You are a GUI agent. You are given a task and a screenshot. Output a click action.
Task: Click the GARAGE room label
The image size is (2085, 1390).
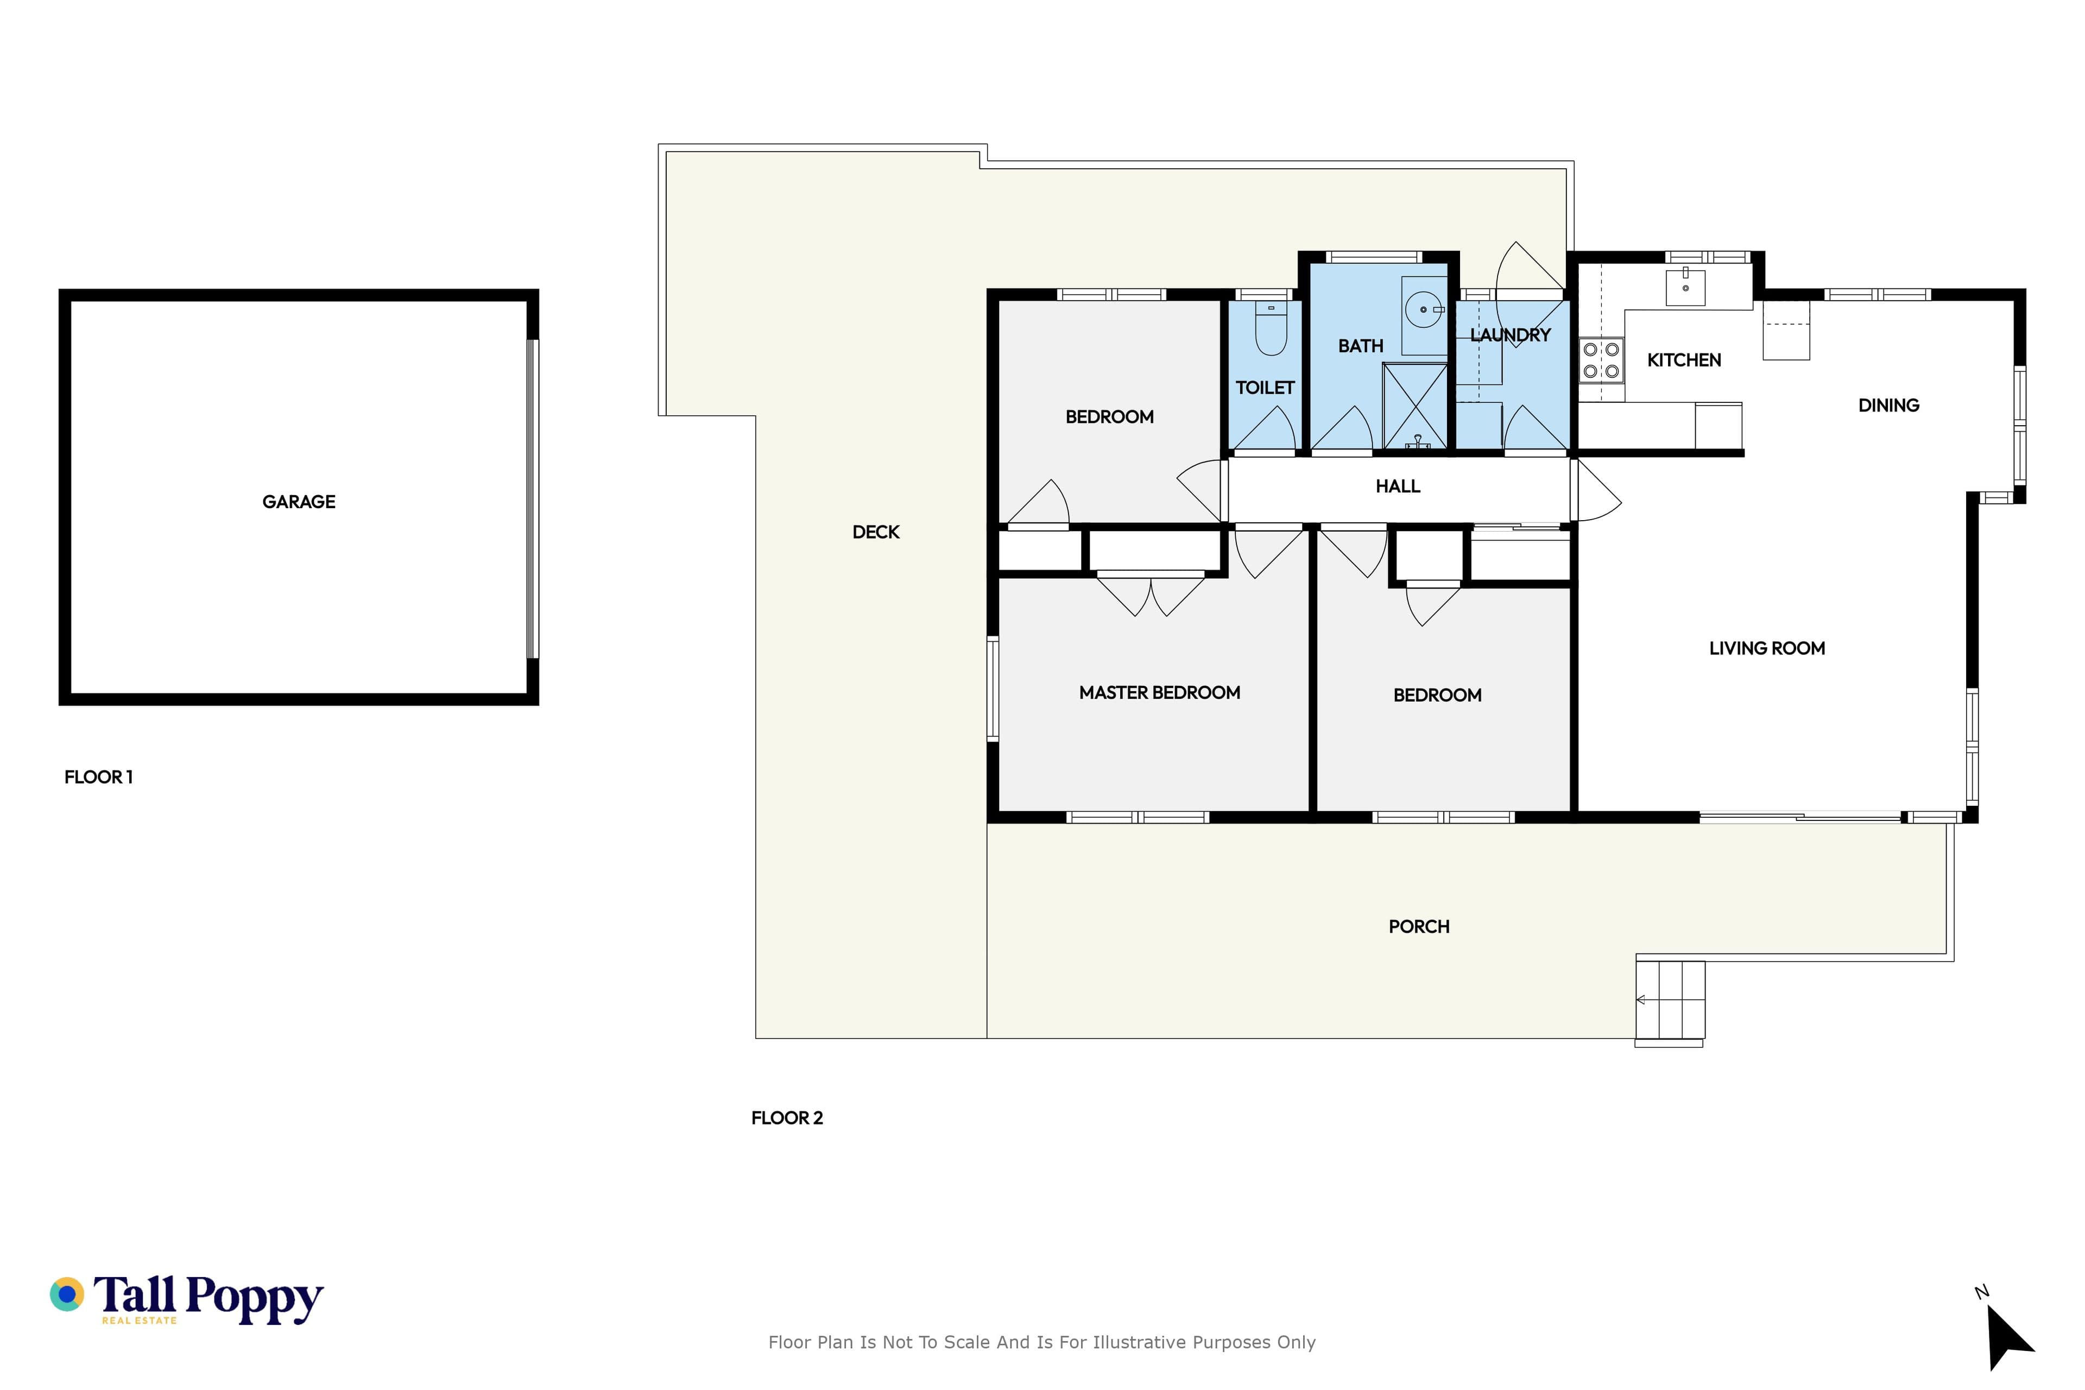pyautogui.click(x=299, y=502)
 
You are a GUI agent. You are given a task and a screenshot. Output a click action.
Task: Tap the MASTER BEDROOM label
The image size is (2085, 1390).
pyautogui.click(x=1160, y=692)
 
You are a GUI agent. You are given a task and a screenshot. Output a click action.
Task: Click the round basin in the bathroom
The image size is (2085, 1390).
pyautogui.click(x=1424, y=309)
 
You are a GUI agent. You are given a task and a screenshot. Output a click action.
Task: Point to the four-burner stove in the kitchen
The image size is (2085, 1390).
pyautogui.click(x=1601, y=360)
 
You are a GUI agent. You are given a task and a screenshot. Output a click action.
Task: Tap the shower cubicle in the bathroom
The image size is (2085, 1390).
pyautogui.click(x=1416, y=405)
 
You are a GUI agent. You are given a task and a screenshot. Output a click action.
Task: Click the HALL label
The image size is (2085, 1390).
pyautogui.click(x=1398, y=486)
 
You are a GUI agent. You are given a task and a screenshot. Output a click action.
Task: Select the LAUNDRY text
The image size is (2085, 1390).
pyautogui.click(x=1511, y=335)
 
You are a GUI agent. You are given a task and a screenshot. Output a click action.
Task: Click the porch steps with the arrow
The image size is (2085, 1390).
pyautogui.click(x=1670, y=1000)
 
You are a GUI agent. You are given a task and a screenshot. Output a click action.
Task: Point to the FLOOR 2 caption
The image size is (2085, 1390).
pyautogui.click(x=787, y=1118)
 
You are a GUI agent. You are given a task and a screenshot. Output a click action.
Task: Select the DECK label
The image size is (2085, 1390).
pyautogui.click(x=876, y=532)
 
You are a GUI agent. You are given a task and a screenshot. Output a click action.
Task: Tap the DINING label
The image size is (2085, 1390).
pyautogui.click(x=1889, y=405)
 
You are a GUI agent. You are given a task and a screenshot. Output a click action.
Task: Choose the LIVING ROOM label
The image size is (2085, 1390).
pyautogui.click(x=1767, y=648)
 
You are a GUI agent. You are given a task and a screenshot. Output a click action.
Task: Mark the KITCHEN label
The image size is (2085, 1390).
pyautogui.click(x=1684, y=360)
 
